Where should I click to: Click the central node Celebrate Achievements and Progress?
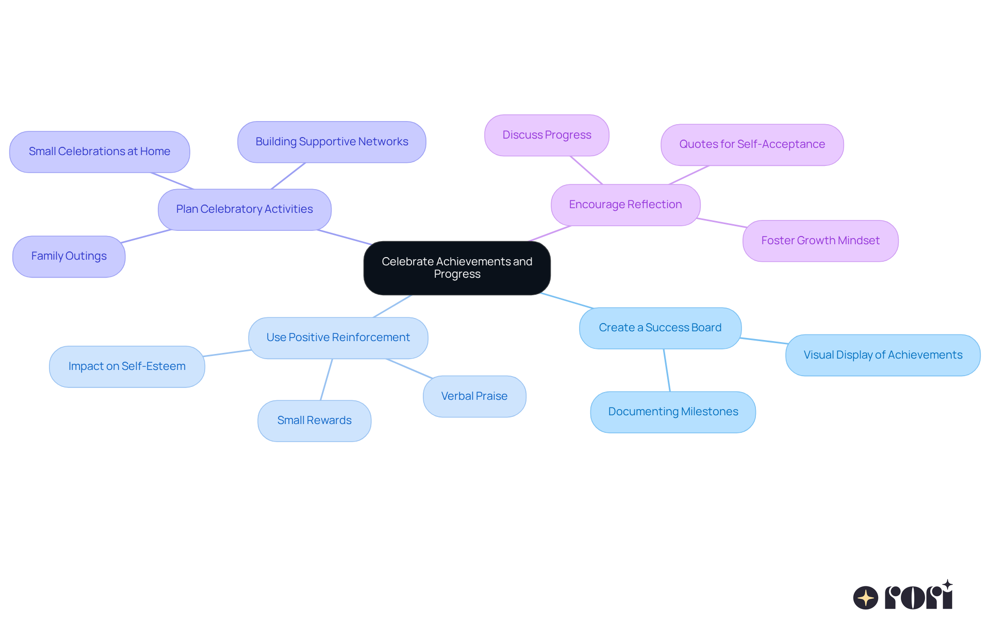click(x=457, y=268)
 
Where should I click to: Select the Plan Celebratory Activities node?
click(x=244, y=209)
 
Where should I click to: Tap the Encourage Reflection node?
click(x=625, y=205)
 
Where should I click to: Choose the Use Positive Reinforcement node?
click(x=338, y=337)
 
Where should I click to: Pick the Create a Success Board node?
click(x=660, y=328)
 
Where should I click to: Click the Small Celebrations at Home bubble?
click(x=100, y=151)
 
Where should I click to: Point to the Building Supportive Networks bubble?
click(x=332, y=142)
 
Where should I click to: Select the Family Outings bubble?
click(x=69, y=256)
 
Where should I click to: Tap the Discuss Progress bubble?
click(x=547, y=135)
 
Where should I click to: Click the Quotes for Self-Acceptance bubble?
click(x=752, y=144)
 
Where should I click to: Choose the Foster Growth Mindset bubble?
click(x=820, y=241)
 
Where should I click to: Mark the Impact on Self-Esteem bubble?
click(x=127, y=366)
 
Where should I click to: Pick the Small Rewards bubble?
click(x=314, y=420)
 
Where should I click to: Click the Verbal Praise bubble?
click(x=474, y=396)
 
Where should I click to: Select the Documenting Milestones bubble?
click(x=673, y=412)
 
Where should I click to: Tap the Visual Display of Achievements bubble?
click(x=883, y=355)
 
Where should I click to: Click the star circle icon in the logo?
click(x=865, y=598)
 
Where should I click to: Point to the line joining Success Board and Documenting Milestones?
click(x=667, y=370)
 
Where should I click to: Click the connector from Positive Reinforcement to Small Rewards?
click(x=326, y=379)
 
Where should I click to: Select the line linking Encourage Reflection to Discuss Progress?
click(x=586, y=170)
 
